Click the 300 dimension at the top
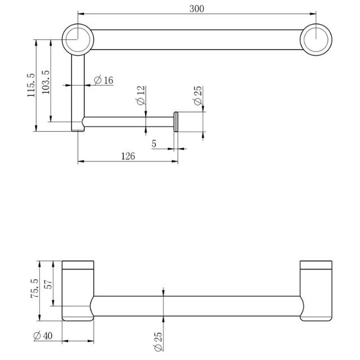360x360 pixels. click(x=197, y=8)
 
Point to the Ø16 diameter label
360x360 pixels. click(x=103, y=80)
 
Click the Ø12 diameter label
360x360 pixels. click(x=141, y=96)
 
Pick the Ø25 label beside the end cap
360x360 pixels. click(x=197, y=96)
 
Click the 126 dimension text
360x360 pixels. click(x=128, y=156)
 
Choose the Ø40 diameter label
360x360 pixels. click(x=43, y=336)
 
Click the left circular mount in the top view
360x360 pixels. click(x=78, y=39)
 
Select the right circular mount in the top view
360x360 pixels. click(x=316, y=39)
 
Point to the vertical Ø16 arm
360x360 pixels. click(x=78, y=90)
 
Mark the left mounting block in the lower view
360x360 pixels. click(x=78, y=291)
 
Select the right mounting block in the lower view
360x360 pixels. click(x=317, y=291)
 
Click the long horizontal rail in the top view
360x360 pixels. click(x=197, y=39)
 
